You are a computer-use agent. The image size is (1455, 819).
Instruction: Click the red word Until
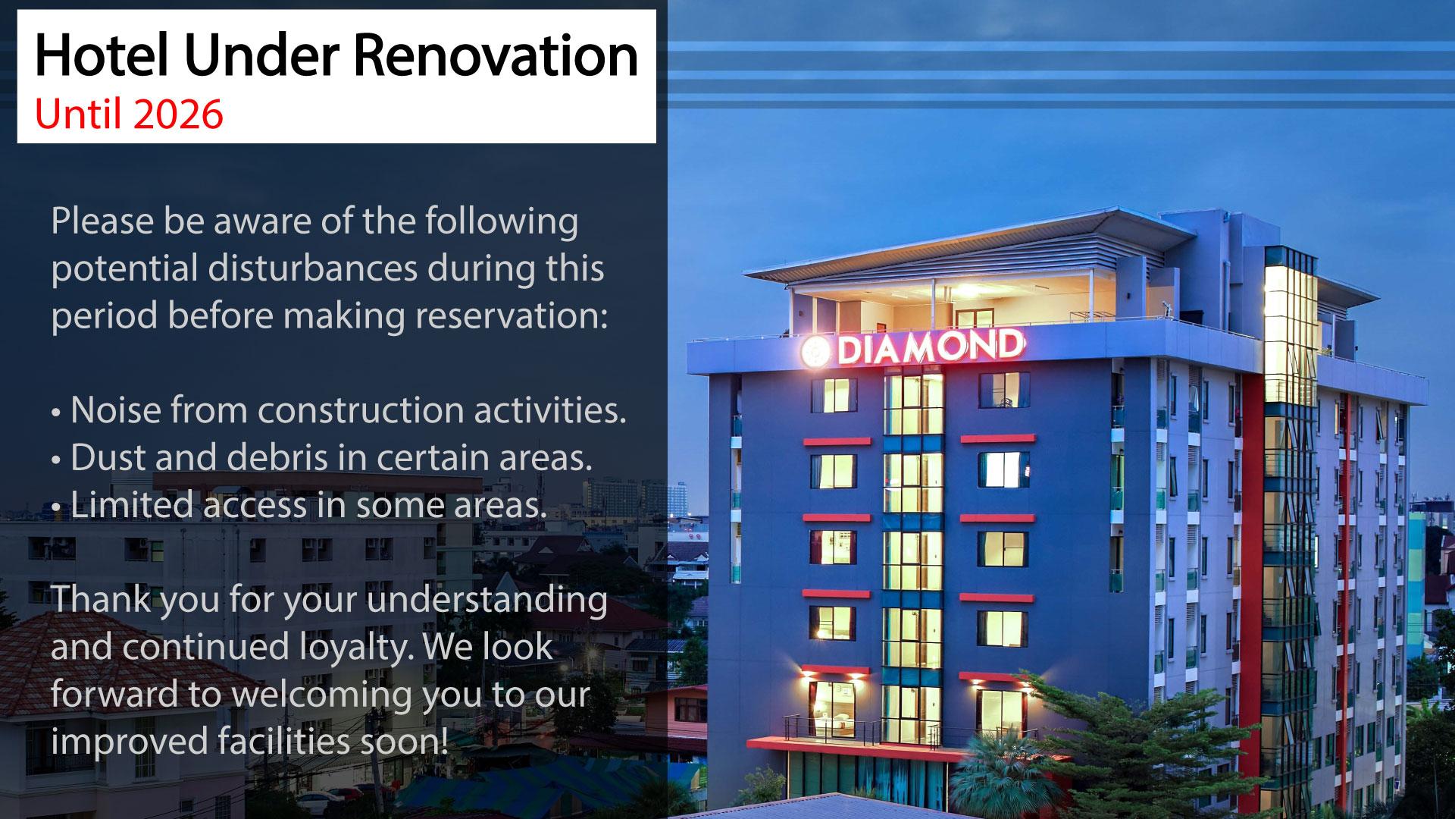(75, 114)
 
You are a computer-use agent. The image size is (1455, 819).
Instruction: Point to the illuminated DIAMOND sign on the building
(913, 347)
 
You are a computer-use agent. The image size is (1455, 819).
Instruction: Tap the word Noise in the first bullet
(115, 410)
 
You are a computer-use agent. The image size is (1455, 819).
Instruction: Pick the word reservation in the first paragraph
(512, 315)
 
